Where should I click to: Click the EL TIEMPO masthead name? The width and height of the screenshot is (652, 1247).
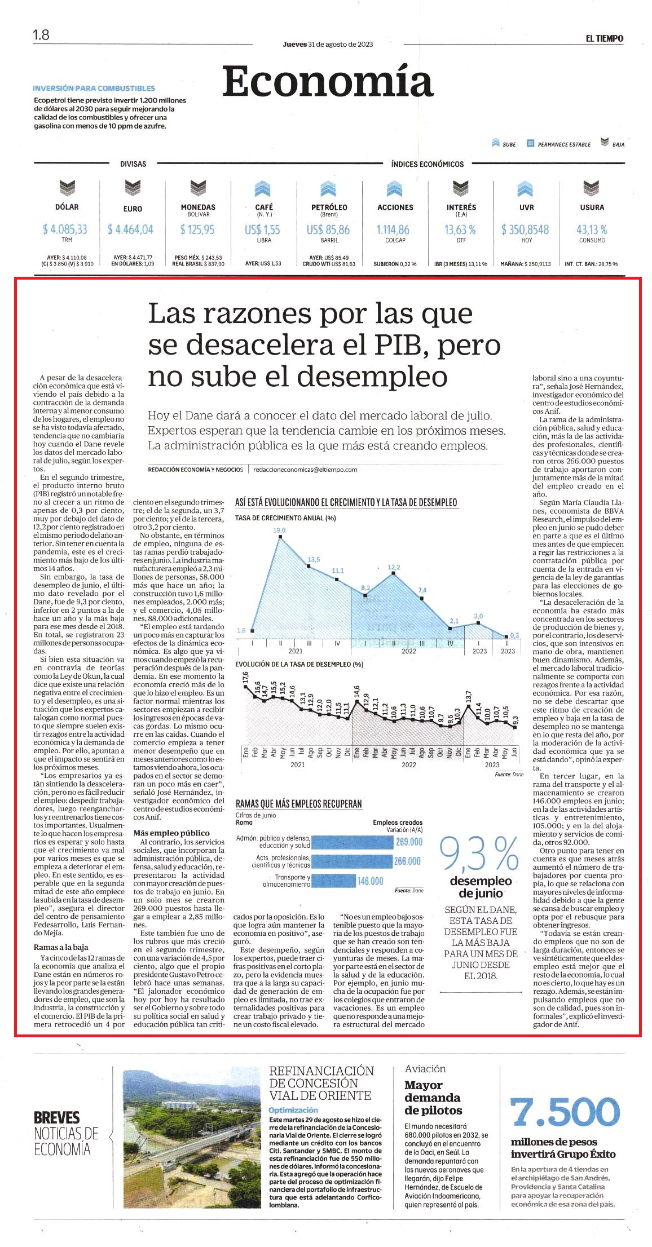coord(604,38)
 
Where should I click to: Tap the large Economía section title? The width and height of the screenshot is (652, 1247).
coord(328,82)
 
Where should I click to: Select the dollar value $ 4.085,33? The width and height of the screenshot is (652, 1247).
coord(65,229)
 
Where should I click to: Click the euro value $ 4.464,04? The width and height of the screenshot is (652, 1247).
coord(130,229)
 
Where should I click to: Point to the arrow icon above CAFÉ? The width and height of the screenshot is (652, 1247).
coord(263,189)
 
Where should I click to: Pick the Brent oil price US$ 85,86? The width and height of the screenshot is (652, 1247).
coord(328,229)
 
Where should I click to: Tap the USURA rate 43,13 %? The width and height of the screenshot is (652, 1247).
coord(592,229)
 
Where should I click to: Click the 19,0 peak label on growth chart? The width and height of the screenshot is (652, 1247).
coord(279,530)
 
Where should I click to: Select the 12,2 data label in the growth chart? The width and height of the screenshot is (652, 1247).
coord(394,567)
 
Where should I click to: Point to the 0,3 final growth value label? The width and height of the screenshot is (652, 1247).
coord(514,635)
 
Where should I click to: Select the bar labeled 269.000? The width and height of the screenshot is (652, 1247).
coord(352,842)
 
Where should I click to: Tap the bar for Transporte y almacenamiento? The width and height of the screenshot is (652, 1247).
coord(333,881)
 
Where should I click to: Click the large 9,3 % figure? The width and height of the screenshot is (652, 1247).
coord(479,854)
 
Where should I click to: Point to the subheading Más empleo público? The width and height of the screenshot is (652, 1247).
coord(171,833)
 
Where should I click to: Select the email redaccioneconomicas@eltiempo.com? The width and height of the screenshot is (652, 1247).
coord(305,469)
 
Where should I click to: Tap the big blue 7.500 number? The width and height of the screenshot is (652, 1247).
coord(565,1112)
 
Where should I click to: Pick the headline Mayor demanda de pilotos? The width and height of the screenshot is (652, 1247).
coord(433,1098)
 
